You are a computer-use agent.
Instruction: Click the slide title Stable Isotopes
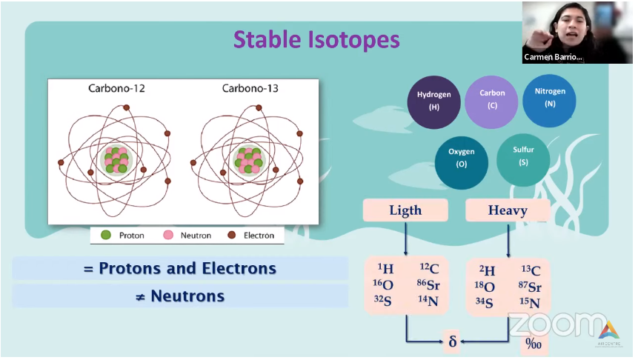pyautogui.click(x=316, y=40)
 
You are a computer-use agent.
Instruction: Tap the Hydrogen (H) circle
pyautogui.click(x=433, y=102)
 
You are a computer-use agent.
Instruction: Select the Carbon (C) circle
pyautogui.click(x=491, y=101)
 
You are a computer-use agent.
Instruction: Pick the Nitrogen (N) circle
pyautogui.click(x=549, y=101)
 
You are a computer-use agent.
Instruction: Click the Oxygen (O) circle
pyautogui.click(x=462, y=163)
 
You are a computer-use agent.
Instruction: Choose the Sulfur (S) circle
pyautogui.click(x=523, y=160)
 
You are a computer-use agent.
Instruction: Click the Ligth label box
pyautogui.click(x=405, y=210)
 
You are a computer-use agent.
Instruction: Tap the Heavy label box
pyautogui.click(x=508, y=210)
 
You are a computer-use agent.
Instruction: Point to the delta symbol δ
pyautogui.click(x=453, y=341)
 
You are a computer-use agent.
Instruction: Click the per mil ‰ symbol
pyautogui.click(x=533, y=344)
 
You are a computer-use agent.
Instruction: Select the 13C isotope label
pyautogui.click(x=531, y=270)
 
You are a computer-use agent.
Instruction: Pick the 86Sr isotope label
pyautogui.click(x=428, y=284)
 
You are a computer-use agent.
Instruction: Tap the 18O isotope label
pyautogui.click(x=485, y=287)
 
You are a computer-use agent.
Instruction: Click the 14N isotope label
pyautogui.click(x=428, y=301)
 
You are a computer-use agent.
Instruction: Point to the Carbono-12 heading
pyautogui.click(x=116, y=88)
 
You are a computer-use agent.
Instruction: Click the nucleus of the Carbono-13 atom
pyautogui.click(x=249, y=160)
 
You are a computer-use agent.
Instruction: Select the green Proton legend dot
pyautogui.click(x=106, y=235)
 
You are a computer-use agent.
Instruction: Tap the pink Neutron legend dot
pyautogui.click(x=168, y=235)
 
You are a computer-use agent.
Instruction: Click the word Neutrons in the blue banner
pyautogui.click(x=187, y=296)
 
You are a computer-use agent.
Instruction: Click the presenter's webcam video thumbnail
pyautogui.click(x=577, y=33)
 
